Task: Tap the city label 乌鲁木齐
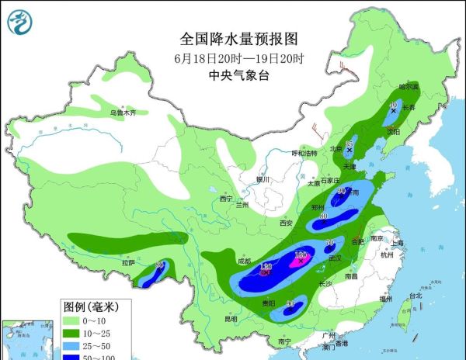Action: pyautogui.click(x=122, y=113)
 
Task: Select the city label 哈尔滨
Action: pyautogui.click(x=409, y=87)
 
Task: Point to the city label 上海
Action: pyautogui.click(x=398, y=243)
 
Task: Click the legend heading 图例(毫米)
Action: pyautogui.click(x=90, y=305)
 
